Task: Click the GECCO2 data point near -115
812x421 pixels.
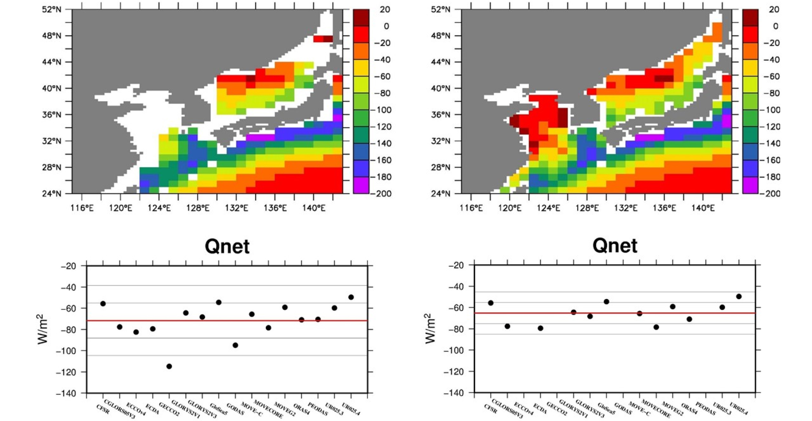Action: (169, 366)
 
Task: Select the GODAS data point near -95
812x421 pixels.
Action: (235, 345)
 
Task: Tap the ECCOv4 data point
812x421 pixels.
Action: (136, 332)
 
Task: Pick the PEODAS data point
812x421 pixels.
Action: (318, 319)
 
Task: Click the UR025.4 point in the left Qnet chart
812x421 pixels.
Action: (351, 297)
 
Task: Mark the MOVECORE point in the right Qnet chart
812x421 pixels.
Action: (656, 327)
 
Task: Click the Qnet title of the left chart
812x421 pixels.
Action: (227, 246)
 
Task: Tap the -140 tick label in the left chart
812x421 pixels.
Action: (66, 393)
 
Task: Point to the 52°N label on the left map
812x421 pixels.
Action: (52, 9)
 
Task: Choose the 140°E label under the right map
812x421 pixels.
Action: (703, 209)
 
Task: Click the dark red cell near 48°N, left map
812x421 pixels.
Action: (328, 39)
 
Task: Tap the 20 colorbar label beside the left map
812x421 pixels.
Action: (385, 9)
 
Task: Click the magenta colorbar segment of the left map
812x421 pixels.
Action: (361, 185)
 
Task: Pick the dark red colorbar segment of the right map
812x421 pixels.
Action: (750, 18)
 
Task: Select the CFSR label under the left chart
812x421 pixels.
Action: (103, 409)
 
